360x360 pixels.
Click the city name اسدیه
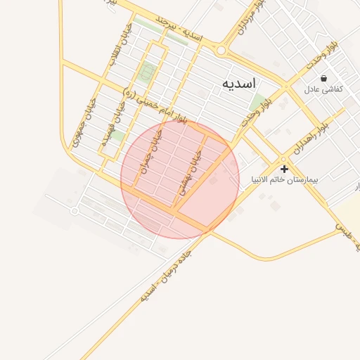(236, 84)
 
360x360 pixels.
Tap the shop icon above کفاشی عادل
(323, 78)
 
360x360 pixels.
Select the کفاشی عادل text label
(323, 90)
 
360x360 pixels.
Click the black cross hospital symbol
(284, 169)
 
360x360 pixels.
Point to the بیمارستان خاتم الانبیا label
(285, 180)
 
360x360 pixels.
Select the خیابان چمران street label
(150, 151)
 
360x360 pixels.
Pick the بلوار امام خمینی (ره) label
(155, 107)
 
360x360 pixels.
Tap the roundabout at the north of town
(221, 50)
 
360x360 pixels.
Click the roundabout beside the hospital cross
(283, 158)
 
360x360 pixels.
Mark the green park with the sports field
(148, 71)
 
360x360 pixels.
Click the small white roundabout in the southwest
(75, 210)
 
